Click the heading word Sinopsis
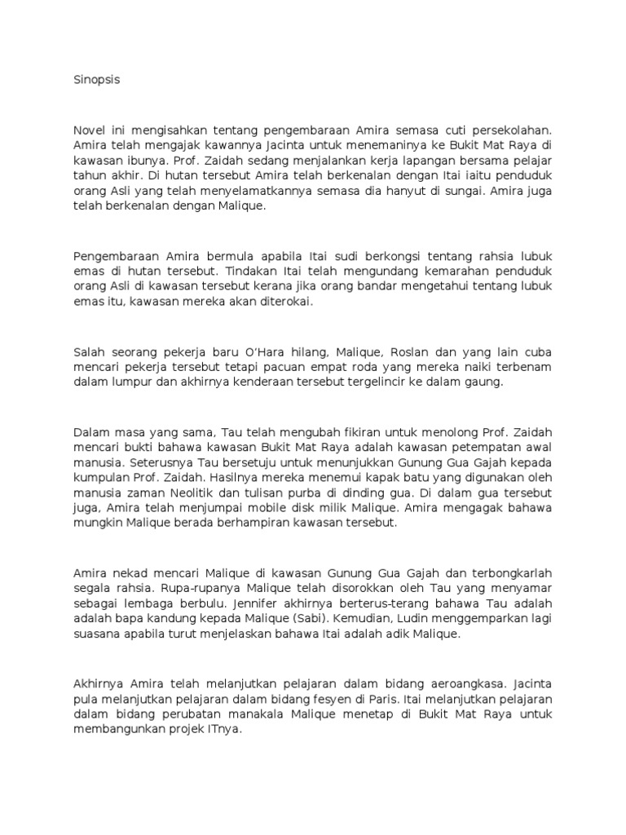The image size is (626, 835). (x=96, y=82)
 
